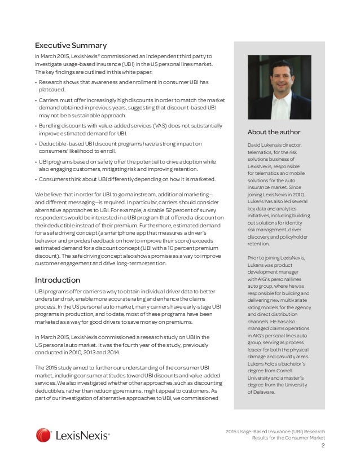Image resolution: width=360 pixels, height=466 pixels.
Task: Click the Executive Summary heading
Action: (x=71, y=45)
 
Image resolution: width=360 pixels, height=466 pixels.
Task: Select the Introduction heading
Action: (x=58, y=280)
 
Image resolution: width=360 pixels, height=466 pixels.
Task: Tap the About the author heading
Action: (x=274, y=132)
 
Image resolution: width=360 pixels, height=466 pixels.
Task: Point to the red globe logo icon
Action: (x=43, y=435)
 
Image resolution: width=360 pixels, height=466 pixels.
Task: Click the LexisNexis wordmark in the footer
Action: (x=82, y=435)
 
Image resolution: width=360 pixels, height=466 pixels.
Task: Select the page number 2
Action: (x=323, y=446)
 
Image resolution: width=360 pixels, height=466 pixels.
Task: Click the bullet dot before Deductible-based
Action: (x=36, y=143)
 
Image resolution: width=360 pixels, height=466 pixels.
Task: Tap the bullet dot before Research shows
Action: (x=36, y=82)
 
